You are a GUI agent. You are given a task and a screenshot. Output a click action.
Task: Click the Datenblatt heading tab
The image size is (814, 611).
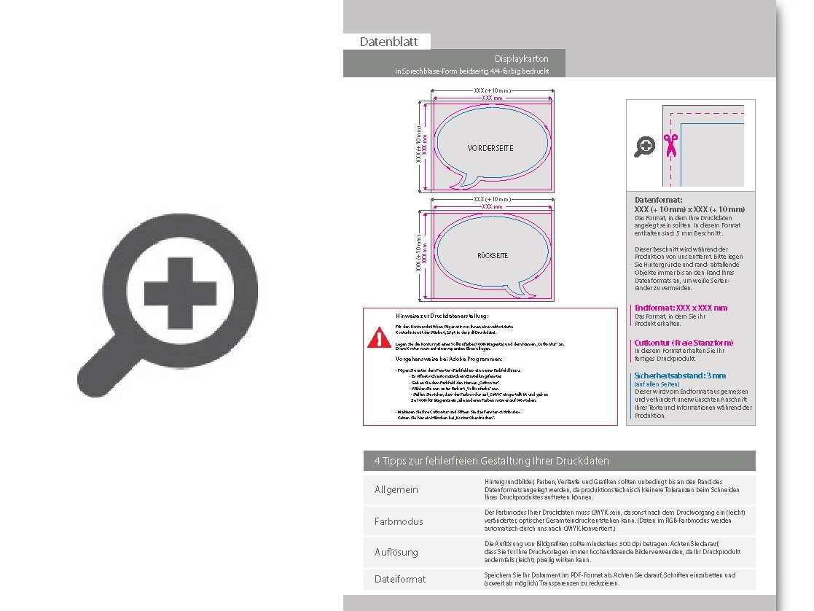[388, 42]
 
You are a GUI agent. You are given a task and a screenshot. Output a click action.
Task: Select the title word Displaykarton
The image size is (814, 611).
[521, 58]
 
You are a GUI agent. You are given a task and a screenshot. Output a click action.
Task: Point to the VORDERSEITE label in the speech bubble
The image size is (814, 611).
[490, 148]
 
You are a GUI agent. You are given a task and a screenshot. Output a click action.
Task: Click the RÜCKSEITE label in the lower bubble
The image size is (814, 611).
[493, 256]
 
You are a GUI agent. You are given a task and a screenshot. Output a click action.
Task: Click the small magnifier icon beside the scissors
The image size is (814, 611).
[645, 147]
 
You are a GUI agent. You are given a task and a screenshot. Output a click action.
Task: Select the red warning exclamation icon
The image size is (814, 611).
[379, 338]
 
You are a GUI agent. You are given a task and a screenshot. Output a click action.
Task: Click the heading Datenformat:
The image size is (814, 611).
[658, 200]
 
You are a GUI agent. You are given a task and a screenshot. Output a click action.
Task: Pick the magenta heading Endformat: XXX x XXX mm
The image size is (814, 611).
[681, 308]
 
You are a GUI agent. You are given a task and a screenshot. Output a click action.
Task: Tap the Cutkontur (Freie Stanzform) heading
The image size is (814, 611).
[684, 342]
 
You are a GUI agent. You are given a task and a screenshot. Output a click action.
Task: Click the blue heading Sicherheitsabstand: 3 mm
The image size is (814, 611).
[680, 375]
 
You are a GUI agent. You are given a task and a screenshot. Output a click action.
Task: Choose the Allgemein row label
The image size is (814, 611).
[396, 489]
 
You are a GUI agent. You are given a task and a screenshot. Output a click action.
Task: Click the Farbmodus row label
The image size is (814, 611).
[399, 521]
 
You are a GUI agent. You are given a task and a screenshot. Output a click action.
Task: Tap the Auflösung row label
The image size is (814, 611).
[396, 552]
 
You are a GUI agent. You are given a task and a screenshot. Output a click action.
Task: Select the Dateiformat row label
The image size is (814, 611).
[400, 579]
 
